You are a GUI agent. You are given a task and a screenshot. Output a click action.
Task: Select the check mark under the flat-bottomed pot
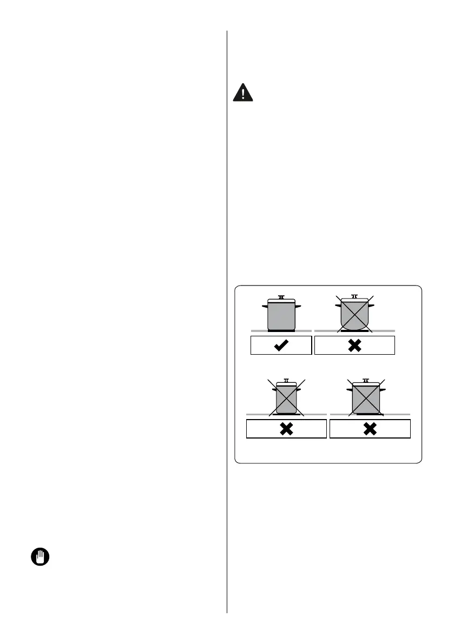tap(281, 346)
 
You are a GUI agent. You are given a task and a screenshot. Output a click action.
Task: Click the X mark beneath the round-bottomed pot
tap(354, 346)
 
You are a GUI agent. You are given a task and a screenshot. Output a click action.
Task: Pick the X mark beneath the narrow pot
tap(286, 429)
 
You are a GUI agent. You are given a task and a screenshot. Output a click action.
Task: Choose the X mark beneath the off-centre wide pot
tap(370, 429)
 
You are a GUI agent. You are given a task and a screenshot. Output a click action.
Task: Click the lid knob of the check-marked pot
tap(281, 297)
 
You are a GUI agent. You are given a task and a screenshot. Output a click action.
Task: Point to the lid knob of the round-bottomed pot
tap(354, 296)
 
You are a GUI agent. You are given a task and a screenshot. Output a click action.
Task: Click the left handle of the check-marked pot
tap(265, 306)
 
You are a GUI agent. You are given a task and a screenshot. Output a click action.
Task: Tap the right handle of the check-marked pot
tap(298, 306)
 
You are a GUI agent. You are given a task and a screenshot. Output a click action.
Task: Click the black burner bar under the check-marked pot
tap(281, 330)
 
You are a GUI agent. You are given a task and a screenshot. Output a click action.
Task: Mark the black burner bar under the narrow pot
tap(286, 415)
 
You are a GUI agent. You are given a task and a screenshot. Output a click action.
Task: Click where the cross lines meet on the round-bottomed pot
tap(354, 314)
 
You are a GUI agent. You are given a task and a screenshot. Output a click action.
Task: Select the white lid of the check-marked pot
tap(281, 301)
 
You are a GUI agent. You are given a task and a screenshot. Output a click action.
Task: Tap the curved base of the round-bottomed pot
tap(354, 326)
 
